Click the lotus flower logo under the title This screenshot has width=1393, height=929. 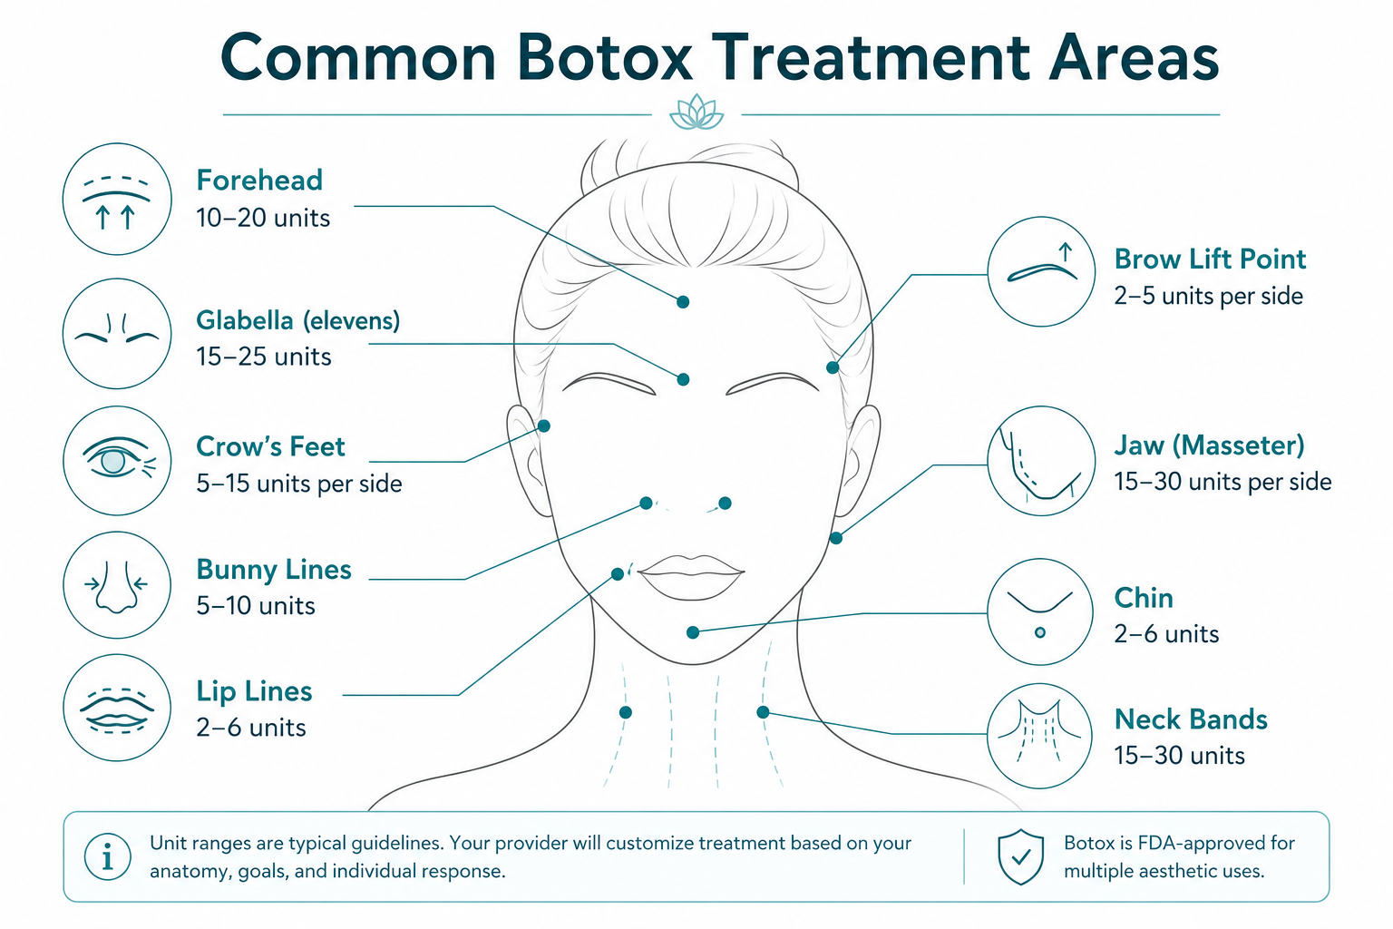[696, 112]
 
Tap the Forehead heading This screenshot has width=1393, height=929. [259, 181]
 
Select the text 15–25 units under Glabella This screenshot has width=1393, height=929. [264, 357]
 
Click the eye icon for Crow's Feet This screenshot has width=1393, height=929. [117, 461]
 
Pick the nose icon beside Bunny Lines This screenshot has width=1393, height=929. [117, 585]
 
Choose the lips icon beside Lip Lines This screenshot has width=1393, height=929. [117, 708]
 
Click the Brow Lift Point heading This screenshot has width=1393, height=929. [1210, 259]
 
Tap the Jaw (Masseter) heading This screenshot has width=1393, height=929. [1209, 445]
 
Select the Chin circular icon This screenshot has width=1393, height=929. [1040, 611]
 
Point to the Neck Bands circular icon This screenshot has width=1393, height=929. [1040, 736]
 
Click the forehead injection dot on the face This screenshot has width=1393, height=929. [683, 302]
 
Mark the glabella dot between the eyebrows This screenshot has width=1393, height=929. [683, 379]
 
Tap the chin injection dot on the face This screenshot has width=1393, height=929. [693, 632]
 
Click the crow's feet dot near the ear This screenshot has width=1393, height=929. [543, 425]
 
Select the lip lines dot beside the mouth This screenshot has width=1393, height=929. [618, 573]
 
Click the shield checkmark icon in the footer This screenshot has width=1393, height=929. [1020, 856]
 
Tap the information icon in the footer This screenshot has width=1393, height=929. [108, 856]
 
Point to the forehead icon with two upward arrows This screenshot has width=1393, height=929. [117, 199]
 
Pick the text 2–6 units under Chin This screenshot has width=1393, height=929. [1166, 634]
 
